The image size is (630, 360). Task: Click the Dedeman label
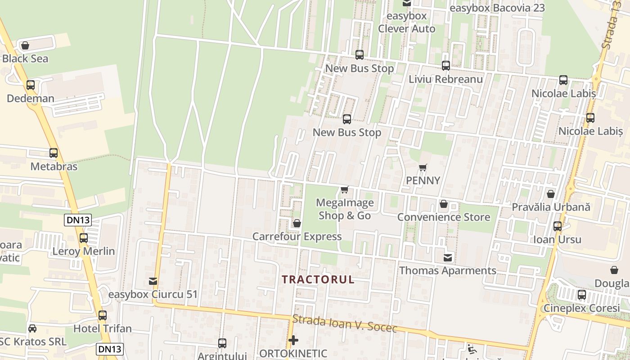[31, 98]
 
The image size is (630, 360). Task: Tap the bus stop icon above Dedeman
[31, 85]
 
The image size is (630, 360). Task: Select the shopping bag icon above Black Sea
[25, 45]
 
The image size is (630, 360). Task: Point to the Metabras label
[54, 166]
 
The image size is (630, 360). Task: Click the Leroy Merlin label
[84, 251]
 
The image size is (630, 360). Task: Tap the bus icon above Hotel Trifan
[103, 315]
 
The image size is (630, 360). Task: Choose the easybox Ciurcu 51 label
[153, 294]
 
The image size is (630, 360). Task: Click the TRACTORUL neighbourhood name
[318, 279]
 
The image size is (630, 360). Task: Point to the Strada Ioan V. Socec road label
[345, 324]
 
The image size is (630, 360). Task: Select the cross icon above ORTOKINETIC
[293, 340]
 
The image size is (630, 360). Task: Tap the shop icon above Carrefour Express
[297, 223]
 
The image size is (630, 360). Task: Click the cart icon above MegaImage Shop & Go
[345, 189]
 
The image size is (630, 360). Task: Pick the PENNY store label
[423, 180]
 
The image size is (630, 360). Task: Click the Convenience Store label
[444, 217]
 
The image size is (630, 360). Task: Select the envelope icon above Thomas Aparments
[448, 258]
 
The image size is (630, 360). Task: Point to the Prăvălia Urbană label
[551, 207]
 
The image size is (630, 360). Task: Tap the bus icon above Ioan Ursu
[558, 226]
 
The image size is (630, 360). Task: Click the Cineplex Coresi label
[582, 309]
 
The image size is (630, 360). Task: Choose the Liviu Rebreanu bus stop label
[445, 79]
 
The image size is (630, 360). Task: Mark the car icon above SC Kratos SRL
[32, 328]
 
